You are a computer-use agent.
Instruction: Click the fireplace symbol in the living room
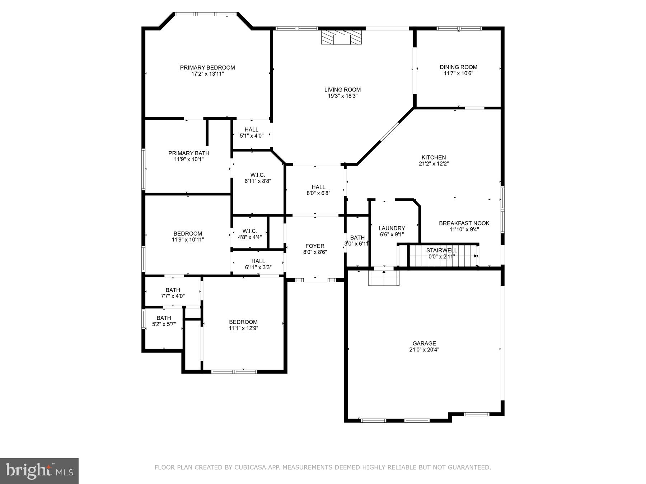tap(341, 38)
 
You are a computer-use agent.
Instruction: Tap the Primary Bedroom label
tap(207, 67)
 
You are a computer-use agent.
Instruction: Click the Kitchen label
tap(434, 157)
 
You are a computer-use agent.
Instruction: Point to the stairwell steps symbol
tap(443, 256)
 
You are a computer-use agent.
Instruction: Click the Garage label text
tap(424, 343)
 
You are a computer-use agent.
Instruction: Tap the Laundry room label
tap(392, 228)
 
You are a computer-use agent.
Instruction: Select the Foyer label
tap(315, 246)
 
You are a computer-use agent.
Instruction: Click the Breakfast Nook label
tap(464, 223)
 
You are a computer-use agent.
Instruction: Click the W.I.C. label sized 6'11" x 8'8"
tap(257, 175)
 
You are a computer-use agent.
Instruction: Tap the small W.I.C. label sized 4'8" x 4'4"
tap(250, 231)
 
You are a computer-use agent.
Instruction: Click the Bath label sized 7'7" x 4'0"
tap(173, 290)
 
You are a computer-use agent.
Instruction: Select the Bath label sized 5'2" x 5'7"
tap(164, 318)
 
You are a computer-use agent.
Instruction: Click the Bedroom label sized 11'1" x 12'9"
tap(243, 322)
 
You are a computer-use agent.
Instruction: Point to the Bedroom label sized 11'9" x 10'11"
tap(188, 234)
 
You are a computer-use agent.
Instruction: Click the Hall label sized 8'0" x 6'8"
tap(318, 187)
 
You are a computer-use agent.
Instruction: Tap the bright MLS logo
tap(39, 471)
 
